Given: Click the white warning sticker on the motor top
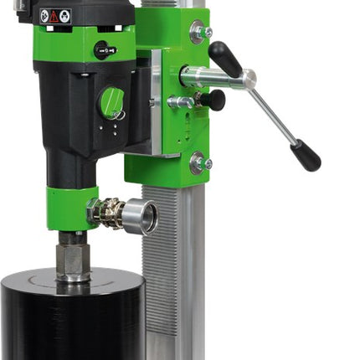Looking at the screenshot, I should pos(54,16).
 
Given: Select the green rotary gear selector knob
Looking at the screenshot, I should pos(112,102).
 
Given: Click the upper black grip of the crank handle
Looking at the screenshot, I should pos(225,58).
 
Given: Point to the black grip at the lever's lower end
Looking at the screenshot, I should pos(306,156).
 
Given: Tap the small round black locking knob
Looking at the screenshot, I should pos(215,100).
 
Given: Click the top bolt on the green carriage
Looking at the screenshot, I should pos(198,33).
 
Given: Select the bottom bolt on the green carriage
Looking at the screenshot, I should pos(198,162).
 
